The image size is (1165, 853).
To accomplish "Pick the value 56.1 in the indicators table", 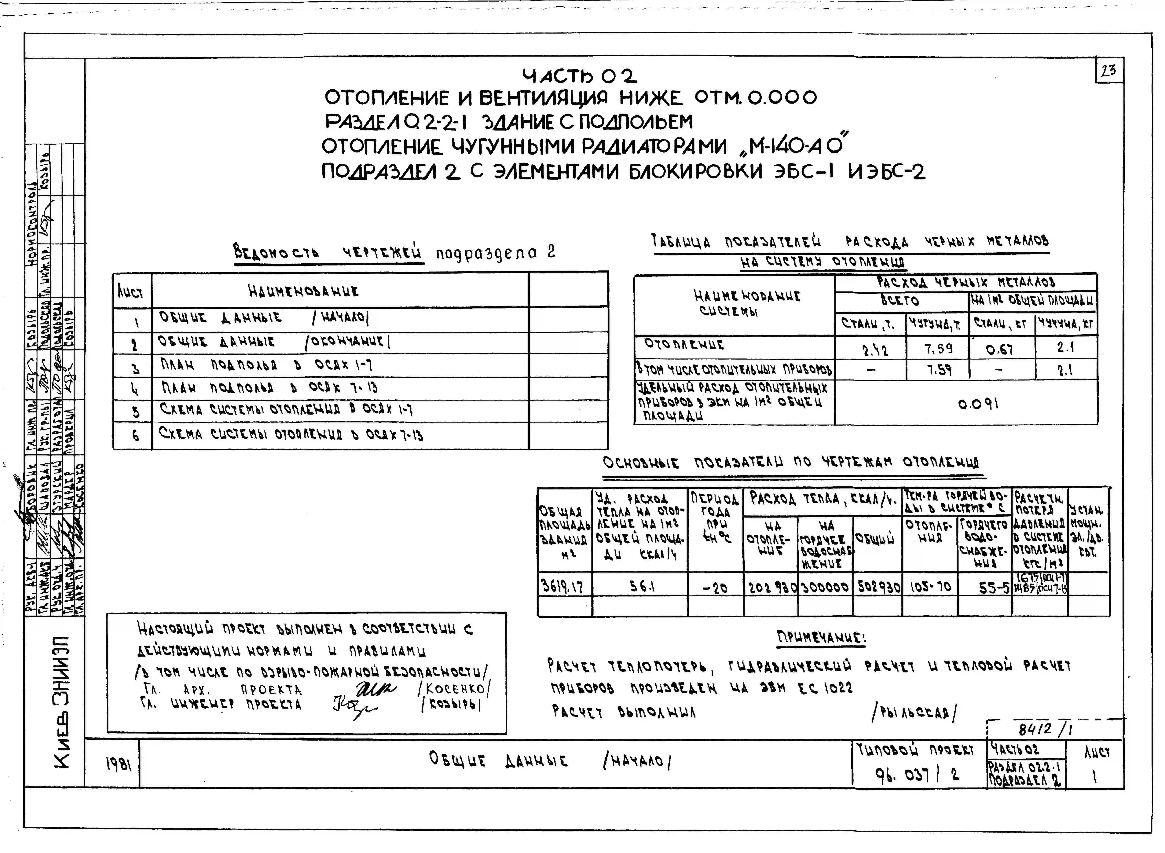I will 642,586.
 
